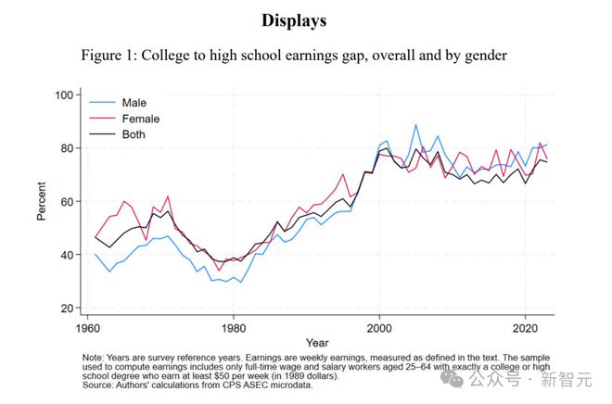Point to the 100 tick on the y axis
click(64, 95)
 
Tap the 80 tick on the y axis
click(67, 148)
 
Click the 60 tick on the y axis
click(67, 201)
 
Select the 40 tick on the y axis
click(67, 255)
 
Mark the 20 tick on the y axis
click(67, 308)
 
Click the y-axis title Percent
click(42, 201)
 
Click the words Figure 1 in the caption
click(110, 57)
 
